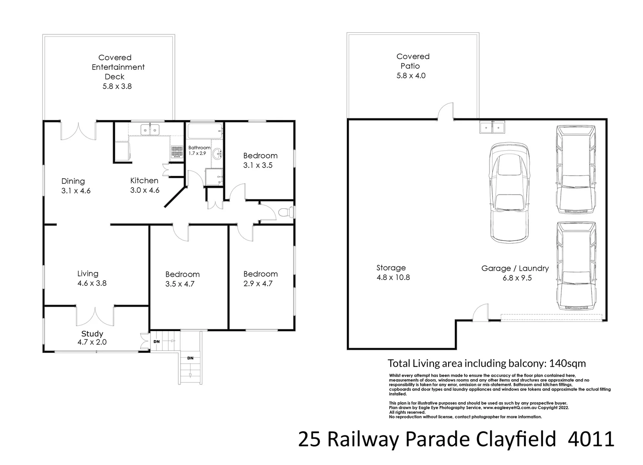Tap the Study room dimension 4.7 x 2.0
coord(92,342)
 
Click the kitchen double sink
coord(150,129)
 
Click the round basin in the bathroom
coord(218,152)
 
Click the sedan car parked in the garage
coord(509,192)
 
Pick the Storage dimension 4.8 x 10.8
coord(393,278)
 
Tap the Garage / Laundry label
coord(515,268)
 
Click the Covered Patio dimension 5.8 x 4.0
coord(413,76)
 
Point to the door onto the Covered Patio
coord(445,111)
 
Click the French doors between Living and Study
coord(95,315)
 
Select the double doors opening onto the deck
coord(78,131)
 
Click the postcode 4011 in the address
coord(591,440)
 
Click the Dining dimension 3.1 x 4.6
coord(76,191)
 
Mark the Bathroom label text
coord(199,148)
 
